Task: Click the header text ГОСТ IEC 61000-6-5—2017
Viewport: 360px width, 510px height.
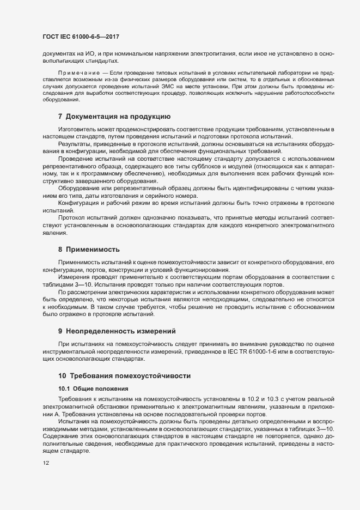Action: (x=81, y=37)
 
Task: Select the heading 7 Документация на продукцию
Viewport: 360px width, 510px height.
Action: (x=114, y=116)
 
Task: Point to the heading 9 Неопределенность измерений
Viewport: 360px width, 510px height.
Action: (x=119, y=331)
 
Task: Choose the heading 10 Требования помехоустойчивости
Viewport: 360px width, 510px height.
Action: (x=124, y=376)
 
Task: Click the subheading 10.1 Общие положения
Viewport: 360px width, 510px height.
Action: (x=93, y=388)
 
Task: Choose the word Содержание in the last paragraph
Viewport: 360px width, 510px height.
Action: (x=60, y=437)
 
